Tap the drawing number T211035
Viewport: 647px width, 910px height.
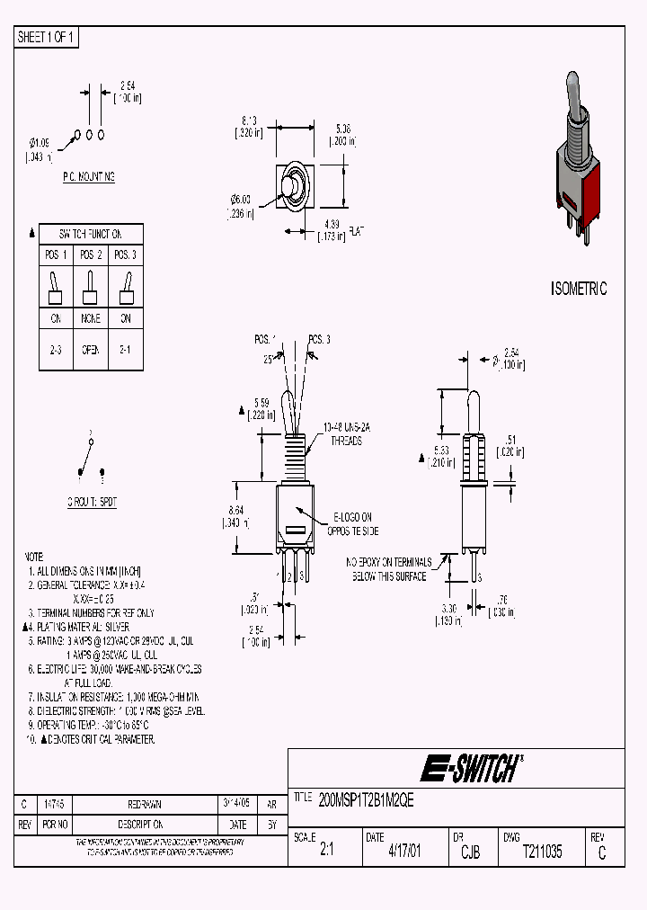(x=542, y=852)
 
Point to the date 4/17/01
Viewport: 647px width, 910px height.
(x=403, y=852)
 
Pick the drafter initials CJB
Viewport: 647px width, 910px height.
(x=470, y=852)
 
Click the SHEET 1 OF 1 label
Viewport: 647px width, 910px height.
(x=48, y=37)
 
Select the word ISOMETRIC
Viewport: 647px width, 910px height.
(x=578, y=289)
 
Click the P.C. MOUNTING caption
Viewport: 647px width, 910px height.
(x=89, y=177)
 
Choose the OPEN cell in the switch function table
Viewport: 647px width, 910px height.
(x=90, y=350)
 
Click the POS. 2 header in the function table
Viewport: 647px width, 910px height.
(x=90, y=254)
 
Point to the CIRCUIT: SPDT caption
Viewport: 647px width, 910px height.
(x=92, y=503)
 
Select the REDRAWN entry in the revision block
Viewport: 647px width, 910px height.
(x=146, y=804)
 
